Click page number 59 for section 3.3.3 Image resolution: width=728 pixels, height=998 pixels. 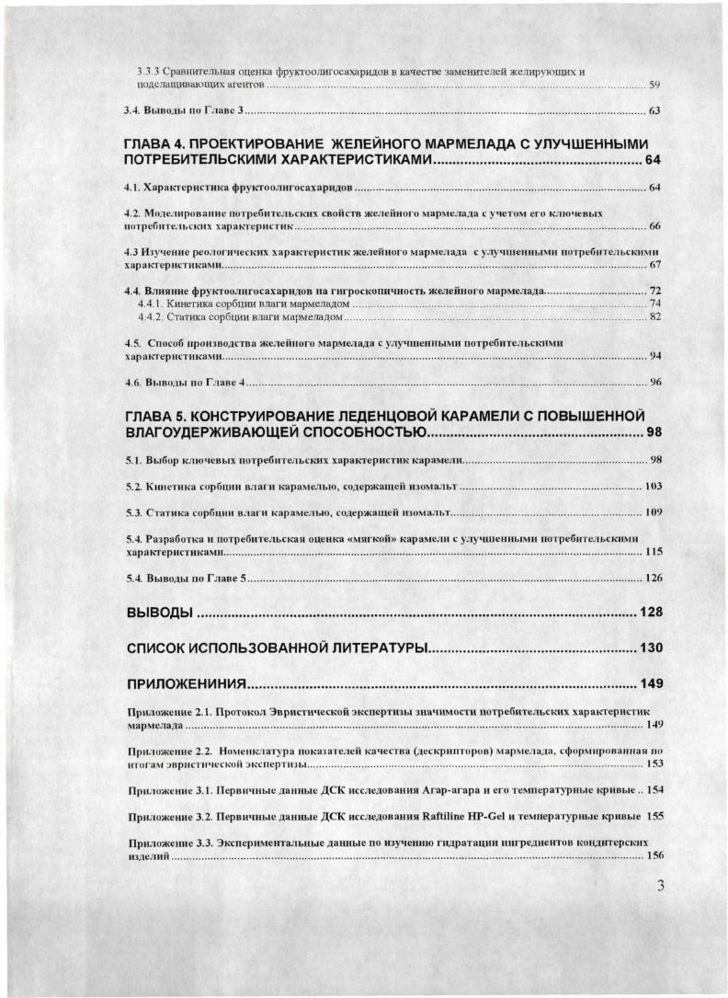(x=654, y=85)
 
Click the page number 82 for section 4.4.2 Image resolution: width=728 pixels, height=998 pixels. (x=654, y=317)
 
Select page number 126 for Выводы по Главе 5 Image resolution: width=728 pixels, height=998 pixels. (x=652, y=579)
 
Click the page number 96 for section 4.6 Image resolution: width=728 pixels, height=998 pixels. (x=654, y=382)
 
